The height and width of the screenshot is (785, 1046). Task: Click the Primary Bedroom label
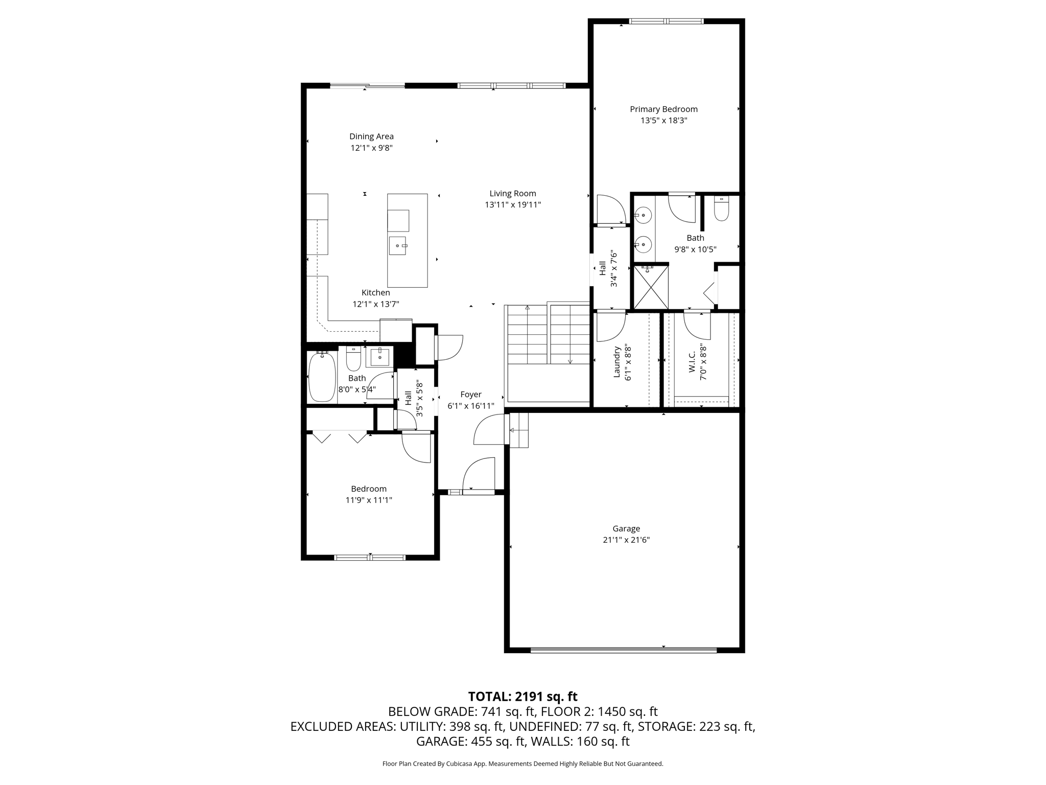coord(663,109)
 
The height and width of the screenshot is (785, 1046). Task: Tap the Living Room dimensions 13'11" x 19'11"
coord(513,205)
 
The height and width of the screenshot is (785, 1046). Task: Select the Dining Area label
coord(371,136)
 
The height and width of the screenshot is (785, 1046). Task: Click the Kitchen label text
coord(376,292)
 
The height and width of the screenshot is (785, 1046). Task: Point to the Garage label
coord(626,528)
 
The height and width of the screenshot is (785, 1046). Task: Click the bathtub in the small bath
coord(322,377)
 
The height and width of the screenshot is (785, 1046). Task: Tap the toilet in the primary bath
coord(721,209)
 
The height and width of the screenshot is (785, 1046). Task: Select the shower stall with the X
coord(651,287)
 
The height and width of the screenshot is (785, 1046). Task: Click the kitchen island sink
coord(398,245)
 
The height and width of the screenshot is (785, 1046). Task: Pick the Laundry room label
coord(616,362)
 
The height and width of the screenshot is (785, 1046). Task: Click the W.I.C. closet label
coord(692,362)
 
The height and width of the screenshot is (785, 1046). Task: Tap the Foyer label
coord(471,395)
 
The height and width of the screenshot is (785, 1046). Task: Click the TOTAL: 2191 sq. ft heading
coord(523,696)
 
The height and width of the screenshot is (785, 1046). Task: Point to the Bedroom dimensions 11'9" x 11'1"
coord(369,500)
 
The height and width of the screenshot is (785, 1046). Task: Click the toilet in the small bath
coord(353,359)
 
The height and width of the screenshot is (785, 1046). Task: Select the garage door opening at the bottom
coord(624,650)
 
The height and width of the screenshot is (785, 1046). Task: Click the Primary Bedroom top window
coord(666,21)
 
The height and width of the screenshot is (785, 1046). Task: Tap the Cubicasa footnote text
coord(523,764)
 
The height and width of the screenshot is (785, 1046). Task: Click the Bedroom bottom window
coord(370,558)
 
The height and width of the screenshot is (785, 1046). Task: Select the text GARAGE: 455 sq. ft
coord(470,741)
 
